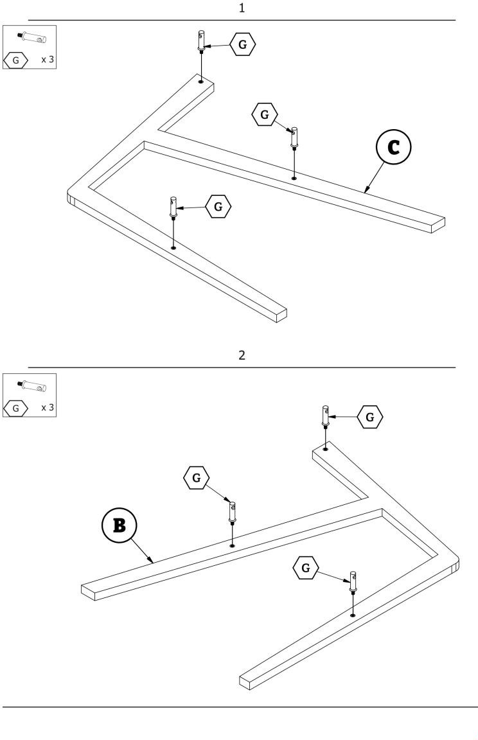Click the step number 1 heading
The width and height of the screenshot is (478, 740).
(242, 8)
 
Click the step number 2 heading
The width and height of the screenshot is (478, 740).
(242, 355)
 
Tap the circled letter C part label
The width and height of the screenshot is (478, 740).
(393, 147)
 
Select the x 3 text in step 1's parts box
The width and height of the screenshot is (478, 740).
(48, 60)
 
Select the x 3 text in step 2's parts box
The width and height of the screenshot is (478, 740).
(48, 407)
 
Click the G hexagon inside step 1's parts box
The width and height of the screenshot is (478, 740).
(16, 61)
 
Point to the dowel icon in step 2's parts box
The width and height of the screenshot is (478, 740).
(30, 385)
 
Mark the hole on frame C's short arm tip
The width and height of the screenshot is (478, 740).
(201, 82)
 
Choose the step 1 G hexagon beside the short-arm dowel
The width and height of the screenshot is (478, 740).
(242, 44)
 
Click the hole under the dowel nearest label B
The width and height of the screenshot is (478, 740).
(233, 545)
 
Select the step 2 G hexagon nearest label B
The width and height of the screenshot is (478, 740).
(196, 478)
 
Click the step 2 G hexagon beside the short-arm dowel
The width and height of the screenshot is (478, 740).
(369, 417)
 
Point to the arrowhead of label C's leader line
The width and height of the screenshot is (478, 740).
(366, 191)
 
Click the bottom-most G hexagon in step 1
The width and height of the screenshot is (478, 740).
(218, 206)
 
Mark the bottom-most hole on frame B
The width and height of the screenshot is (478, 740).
(353, 615)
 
